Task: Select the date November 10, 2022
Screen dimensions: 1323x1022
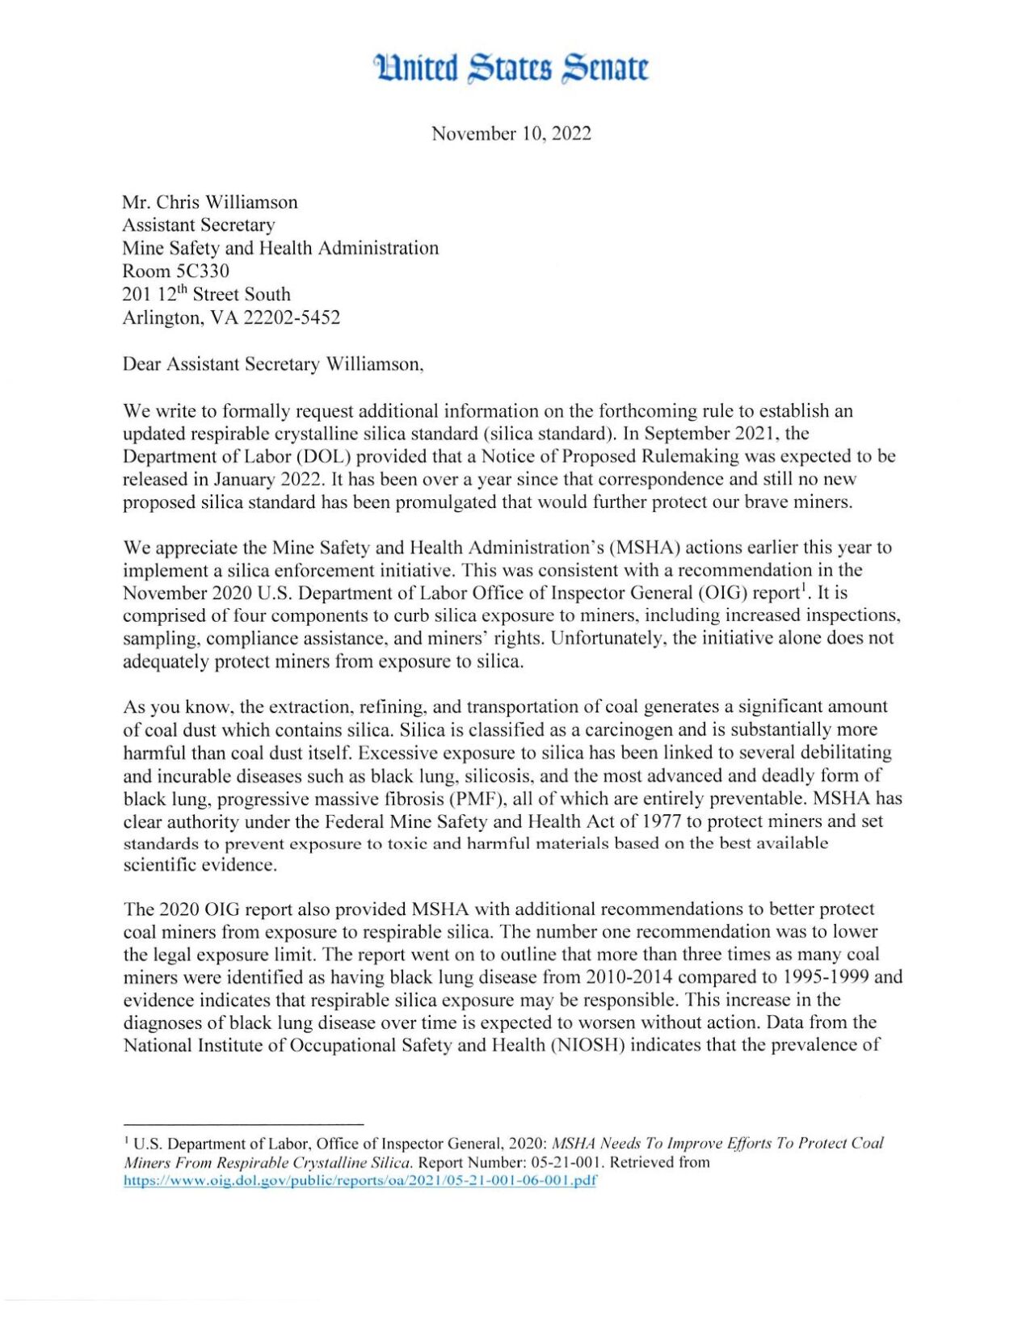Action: tap(511, 133)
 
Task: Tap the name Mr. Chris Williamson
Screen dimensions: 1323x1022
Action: tap(209, 202)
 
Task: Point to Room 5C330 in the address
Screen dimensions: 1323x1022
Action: tap(175, 271)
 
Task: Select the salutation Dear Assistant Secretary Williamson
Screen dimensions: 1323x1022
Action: tap(272, 364)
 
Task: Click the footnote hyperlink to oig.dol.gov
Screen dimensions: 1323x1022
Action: tap(360, 1180)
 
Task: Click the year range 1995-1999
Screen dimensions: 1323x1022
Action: tap(837, 976)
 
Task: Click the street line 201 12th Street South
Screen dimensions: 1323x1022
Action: tap(206, 295)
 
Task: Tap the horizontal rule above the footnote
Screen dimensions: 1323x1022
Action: tap(243, 1123)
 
